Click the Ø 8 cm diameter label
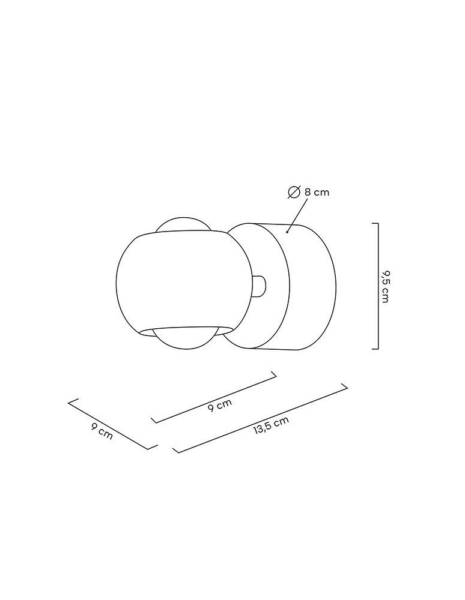coord(309,192)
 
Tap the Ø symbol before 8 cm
coord(294,192)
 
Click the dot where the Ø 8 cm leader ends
coord(288,230)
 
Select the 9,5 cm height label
coord(385,286)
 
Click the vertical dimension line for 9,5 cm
coord(377,286)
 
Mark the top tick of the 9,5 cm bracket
coord(374,224)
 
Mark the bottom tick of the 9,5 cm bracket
coord(374,348)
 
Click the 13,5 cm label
coord(271,424)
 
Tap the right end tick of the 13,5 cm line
coord(345,388)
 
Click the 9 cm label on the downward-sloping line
coord(102,432)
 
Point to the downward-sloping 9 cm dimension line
coord(108,424)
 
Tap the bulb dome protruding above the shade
coord(183,225)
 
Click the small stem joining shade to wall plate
coord(260,286)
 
